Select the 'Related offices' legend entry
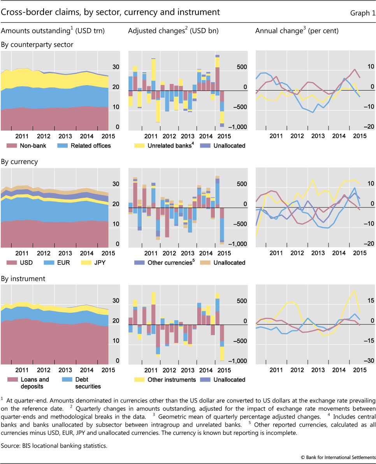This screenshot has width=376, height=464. tap(90, 146)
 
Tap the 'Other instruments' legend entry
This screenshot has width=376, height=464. tap(171, 380)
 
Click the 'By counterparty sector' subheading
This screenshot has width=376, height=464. tap(37, 45)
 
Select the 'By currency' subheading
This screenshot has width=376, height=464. tap(19, 162)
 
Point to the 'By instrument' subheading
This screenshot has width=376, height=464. tap(23, 279)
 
